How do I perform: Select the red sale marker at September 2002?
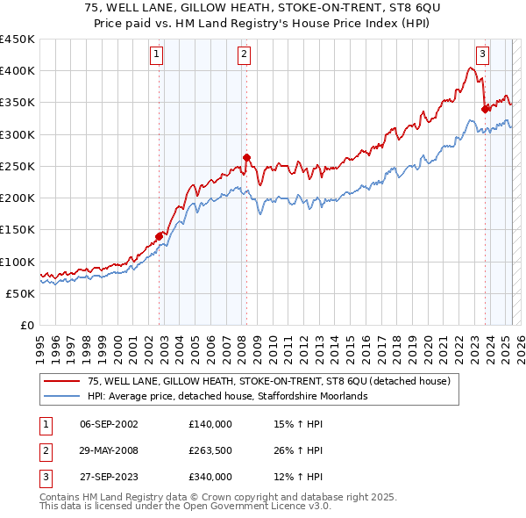point(160,235)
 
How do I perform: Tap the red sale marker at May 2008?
point(247,158)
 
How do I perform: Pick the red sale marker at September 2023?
point(485,109)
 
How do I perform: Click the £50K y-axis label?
point(21,294)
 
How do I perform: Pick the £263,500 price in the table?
point(210,450)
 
